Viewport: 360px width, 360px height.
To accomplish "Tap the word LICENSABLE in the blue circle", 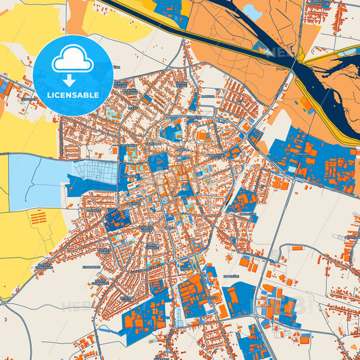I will pos(74,95).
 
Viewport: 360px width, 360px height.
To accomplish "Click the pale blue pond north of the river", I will pos(253,11).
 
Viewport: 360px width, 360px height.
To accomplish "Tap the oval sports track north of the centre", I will pos(202,136).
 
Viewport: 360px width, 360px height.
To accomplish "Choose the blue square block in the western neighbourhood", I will pos(117,218).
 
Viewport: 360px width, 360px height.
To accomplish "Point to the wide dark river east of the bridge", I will pos(331,88).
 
